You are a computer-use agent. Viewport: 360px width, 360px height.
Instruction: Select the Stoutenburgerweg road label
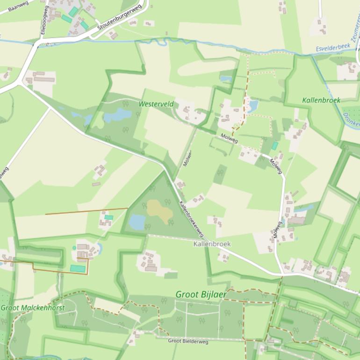click(x=119, y=19)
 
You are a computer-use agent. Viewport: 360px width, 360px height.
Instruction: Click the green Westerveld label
click(x=156, y=103)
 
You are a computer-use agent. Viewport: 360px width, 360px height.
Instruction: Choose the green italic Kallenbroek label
click(x=321, y=100)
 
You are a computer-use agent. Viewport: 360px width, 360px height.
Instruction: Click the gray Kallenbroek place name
click(x=212, y=244)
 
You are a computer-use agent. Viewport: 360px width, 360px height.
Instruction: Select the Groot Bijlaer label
click(x=201, y=295)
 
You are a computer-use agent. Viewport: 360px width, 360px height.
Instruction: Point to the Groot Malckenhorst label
click(x=33, y=308)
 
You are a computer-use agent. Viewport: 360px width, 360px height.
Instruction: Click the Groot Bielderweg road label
click(x=188, y=341)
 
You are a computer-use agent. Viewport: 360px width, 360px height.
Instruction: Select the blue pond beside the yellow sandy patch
click(x=137, y=222)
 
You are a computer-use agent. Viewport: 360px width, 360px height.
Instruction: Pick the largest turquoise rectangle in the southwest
click(x=78, y=268)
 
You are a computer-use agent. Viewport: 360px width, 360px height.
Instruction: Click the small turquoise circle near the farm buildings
click(x=74, y=248)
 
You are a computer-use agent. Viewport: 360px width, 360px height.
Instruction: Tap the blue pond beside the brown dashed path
click(x=253, y=106)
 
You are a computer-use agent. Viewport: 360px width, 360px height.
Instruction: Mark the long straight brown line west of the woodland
click(x=86, y=211)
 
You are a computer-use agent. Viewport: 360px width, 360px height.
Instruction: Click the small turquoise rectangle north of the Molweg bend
click(x=274, y=146)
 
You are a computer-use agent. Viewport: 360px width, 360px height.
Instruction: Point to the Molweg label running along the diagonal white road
click(x=230, y=139)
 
